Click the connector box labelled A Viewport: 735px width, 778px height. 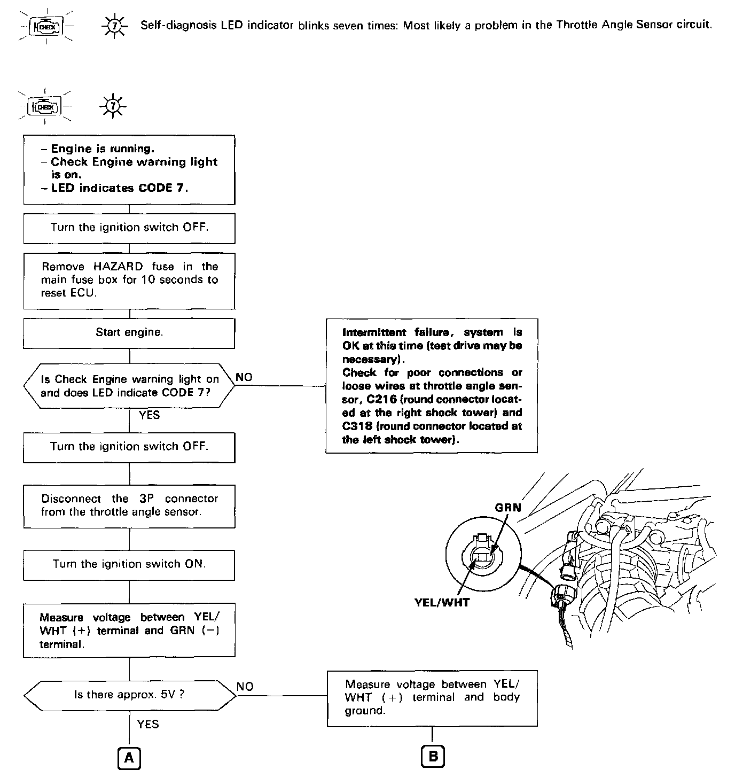(x=129, y=757)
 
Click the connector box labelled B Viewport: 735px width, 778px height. (x=433, y=756)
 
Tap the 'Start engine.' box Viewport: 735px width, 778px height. (x=129, y=333)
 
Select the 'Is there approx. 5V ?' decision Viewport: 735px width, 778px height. (x=129, y=695)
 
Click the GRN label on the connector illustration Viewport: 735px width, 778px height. (x=507, y=507)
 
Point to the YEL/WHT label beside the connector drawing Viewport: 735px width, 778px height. (x=442, y=603)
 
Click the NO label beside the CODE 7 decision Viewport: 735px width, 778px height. (x=244, y=377)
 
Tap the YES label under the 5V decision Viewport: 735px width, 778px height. (x=148, y=724)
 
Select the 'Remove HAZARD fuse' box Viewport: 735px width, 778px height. (x=129, y=280)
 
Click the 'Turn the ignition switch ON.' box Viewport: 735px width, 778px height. (x=129, y=565)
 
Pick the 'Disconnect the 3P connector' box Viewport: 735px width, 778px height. (x=129, y=505)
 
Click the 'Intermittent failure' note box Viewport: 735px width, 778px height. (x=432, y=386)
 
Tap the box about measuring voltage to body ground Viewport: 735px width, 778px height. (x=432, y=698)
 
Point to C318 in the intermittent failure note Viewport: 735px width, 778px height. (x=357, y=426)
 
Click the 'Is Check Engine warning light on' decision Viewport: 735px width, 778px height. (x=129, y=386)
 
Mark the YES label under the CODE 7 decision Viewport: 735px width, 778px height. (x=149, y=415)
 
